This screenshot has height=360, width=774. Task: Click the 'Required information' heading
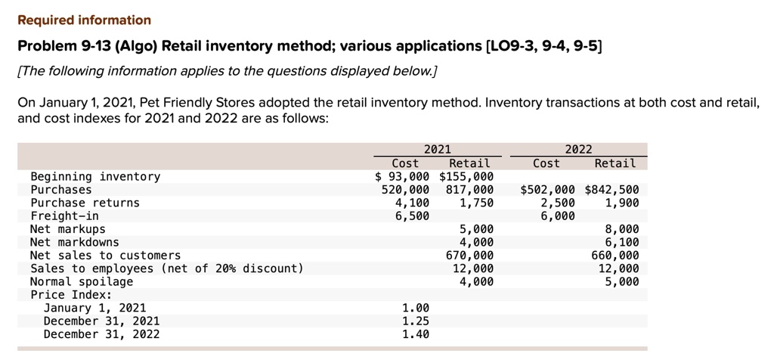tap(84, 20)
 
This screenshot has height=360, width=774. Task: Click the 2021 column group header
tap(437, 150)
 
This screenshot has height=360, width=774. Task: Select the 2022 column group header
tap(579, 150)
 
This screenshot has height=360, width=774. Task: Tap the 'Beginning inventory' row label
tap(95, 176)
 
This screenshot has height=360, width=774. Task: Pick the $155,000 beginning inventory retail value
tap(466, 176)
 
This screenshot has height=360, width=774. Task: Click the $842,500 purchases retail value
tap(611, 190)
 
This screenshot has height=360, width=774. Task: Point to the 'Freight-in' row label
tap(64, 216)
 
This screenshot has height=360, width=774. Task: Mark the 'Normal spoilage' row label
tap(82, 281)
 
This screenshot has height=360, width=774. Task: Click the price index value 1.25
tap(416, 321)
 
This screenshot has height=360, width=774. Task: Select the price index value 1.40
tap(416, 334)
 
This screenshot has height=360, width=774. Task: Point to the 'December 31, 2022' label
tap(102, 334)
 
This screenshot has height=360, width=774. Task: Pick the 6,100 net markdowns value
tap(621, 242)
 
